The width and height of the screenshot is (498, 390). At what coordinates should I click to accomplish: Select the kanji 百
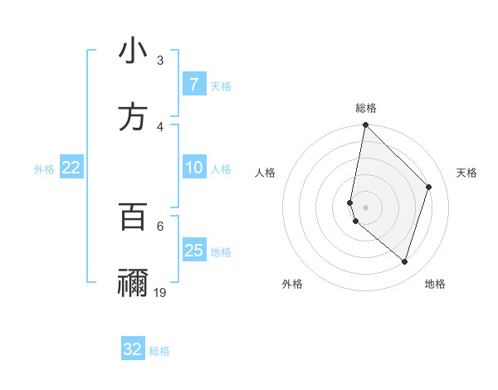[x=133, y=216]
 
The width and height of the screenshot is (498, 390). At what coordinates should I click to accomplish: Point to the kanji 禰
[x=133, y=282]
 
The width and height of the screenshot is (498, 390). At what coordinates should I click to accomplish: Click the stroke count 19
[x=160, y=292]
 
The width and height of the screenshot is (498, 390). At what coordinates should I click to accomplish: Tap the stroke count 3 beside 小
[x=160, y=60]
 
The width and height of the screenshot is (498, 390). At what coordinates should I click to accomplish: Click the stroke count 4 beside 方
[x=160, y=126]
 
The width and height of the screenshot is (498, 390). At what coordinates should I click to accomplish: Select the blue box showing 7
[x=193, y=85]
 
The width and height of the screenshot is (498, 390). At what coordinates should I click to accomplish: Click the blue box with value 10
[x=193, y=168]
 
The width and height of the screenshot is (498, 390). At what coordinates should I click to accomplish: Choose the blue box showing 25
[x=193, y=251]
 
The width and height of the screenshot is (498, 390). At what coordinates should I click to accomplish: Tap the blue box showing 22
[x=71, y=168]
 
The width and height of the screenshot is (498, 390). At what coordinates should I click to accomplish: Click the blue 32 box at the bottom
[x=133, y=349]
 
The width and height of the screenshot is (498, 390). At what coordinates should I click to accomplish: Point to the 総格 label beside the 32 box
[x=159, y=351]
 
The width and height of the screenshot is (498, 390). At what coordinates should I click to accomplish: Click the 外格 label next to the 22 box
[x=44, y=169]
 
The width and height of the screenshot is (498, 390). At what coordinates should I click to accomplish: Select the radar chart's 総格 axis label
[x=366, y=108]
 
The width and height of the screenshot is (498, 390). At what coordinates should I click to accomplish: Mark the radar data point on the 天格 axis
[x=429, y=187]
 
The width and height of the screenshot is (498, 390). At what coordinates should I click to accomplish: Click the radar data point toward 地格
[x=404, y=261]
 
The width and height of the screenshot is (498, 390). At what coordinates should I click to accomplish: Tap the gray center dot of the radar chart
[x=366, y=207]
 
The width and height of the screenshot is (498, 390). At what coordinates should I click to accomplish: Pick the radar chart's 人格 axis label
[x=265, y=173]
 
